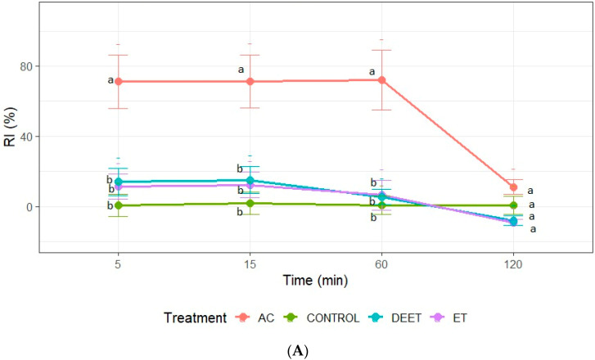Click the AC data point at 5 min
coord(119,82)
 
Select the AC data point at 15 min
coord(250,81)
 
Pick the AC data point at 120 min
coord(513,187)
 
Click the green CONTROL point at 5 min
coord(119,205)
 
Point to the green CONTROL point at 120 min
coord(513,205)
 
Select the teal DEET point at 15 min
coord(250,180)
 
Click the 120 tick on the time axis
coord(513,264)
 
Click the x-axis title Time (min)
coord(316,281)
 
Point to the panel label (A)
coord(315,349)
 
